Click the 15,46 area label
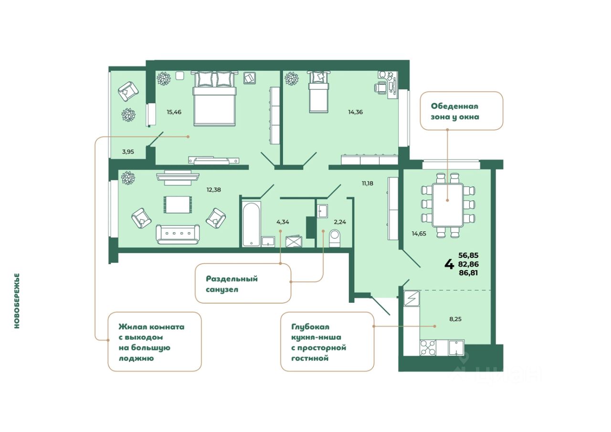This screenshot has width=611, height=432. click(x=174, y=113)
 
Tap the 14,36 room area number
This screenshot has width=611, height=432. click(x=355, y=113)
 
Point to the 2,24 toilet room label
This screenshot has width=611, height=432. click(x=339, y=221)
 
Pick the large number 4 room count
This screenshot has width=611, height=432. click(x=449, y=264)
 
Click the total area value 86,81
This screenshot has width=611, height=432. click(x=468, y=273)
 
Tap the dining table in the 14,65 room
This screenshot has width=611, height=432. click(x=447, y=205)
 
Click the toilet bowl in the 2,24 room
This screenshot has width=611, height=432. click(x=334, y=237)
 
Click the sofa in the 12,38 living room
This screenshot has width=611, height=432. click(x=178, y=234)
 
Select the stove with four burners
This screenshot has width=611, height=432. click(x=427, y=348)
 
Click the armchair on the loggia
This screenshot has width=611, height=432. click(x=127, y=91)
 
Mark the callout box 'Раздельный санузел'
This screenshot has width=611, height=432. click(x=242, y=284)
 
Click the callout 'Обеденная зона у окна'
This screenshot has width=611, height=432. click(x=461, y=111)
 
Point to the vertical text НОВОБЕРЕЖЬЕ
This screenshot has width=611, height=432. click(x=17, y=301)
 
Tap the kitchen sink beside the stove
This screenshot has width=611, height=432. click(x=456, y=348)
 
